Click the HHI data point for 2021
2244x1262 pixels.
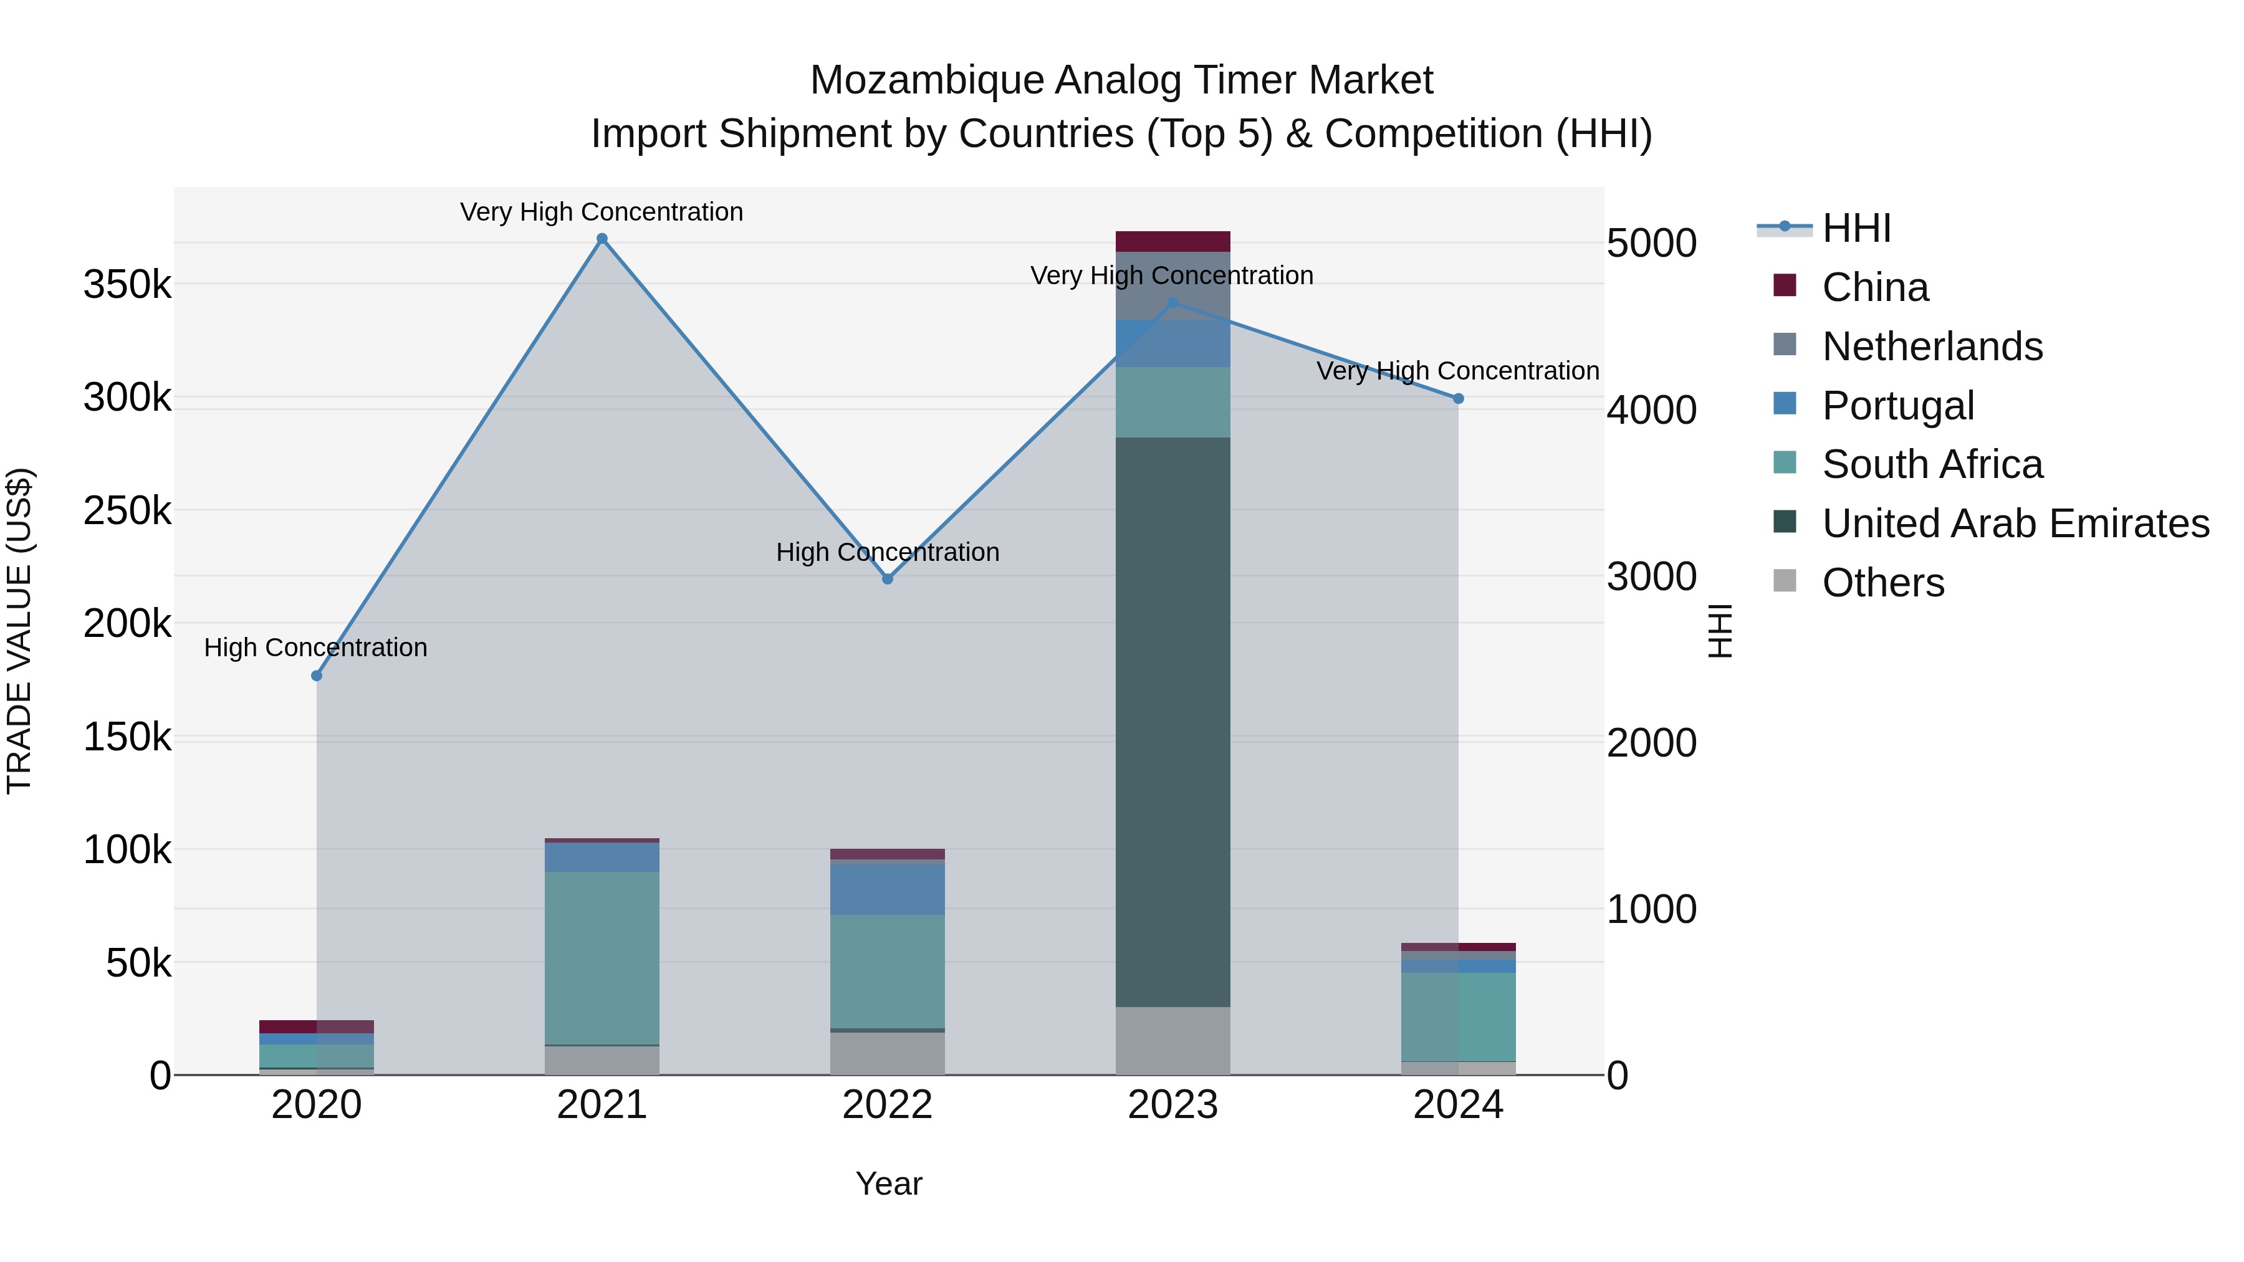pyautogui.click(x=602, y=239)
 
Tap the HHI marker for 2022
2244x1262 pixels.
pyautogui.click(x=888, y=579)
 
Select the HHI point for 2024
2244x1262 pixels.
pyautogui.click(x=1458, y=399)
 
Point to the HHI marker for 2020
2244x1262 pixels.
pyautogui.click(x=316, y=676)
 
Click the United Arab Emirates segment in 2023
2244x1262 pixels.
pyautogui.click(x=1172, y=723)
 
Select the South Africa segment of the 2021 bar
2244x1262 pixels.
pyautogui.click(x=602, y=958)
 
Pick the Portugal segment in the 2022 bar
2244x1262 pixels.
pyautogui.click(x=888, y=888)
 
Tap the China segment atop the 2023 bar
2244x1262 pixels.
pyautogui.click(x=1172, y=241)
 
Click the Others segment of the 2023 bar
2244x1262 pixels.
pyautogui.click(x=1172, y=1041)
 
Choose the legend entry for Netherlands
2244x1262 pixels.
pyautogui.click(x=1932, y=347)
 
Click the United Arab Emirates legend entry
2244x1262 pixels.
pyautogui.click(x=2015, y=523)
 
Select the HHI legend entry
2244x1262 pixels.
pyautogui.click(x=1856, y=228)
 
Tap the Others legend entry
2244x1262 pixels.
pyautogui.click(x=1882, y=583)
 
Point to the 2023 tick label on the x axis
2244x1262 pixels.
pyautogui.click(x=1172, y=1105)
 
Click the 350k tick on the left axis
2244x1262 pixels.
pyautogui.click(x=127, y=285)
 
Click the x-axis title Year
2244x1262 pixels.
pyautogui.click(x=888, y=1183)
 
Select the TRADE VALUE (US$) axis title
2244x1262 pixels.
pyautogui.click(x=19, y=631)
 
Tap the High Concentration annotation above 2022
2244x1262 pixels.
pyautogui.click(x=888, y=552)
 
